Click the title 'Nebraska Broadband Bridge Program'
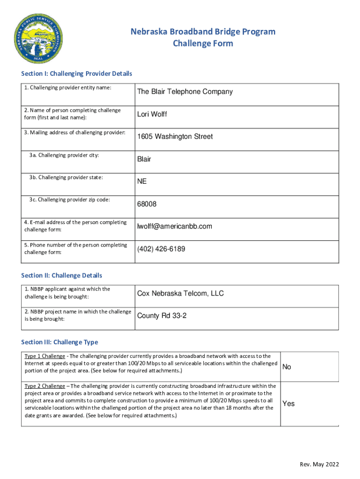[x=203, y=32]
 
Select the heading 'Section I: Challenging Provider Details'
[x=77, y=74]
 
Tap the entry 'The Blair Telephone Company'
[x=185, y=92]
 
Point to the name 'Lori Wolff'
[x=152, y=114]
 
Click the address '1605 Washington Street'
[x=175, y=137]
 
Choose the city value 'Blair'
[x=144, y=159]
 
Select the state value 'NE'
[x=142, y=181]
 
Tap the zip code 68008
[x=147, y=204]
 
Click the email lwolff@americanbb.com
[x=174, y=226]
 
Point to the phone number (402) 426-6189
[x=161, y=249]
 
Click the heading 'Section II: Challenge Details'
[x=62, y=276]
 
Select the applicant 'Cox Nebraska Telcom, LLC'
[x=180, y=293]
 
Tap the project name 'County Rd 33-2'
[x=162, y=316]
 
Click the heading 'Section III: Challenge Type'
[x=60, y=342]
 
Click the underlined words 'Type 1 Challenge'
[x=45, y=356]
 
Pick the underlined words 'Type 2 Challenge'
[x=45, y=386]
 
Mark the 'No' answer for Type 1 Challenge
[x=287, y=367]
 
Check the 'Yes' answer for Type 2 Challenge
[x=288, y=403]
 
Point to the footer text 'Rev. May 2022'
[x=319, y=464]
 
